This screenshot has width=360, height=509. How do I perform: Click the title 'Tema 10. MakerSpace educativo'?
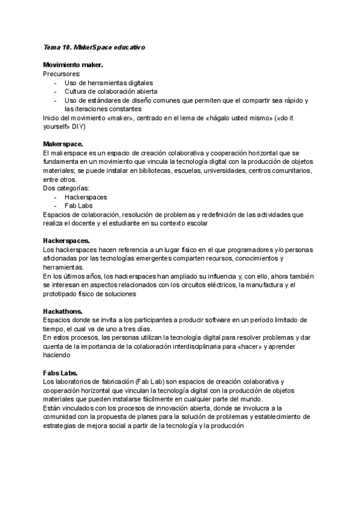pos(94,46)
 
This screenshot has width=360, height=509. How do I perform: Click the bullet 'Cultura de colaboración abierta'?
pos(110,91)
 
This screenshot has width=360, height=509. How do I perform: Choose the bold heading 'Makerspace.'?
pos(62,145)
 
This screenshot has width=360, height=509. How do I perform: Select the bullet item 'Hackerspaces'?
pos(86,197)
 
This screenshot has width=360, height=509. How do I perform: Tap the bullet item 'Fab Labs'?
pos(79,206)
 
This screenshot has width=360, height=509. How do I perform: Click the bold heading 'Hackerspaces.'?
pos(67,241)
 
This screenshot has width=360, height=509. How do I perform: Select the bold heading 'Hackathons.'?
pos(64,312)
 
